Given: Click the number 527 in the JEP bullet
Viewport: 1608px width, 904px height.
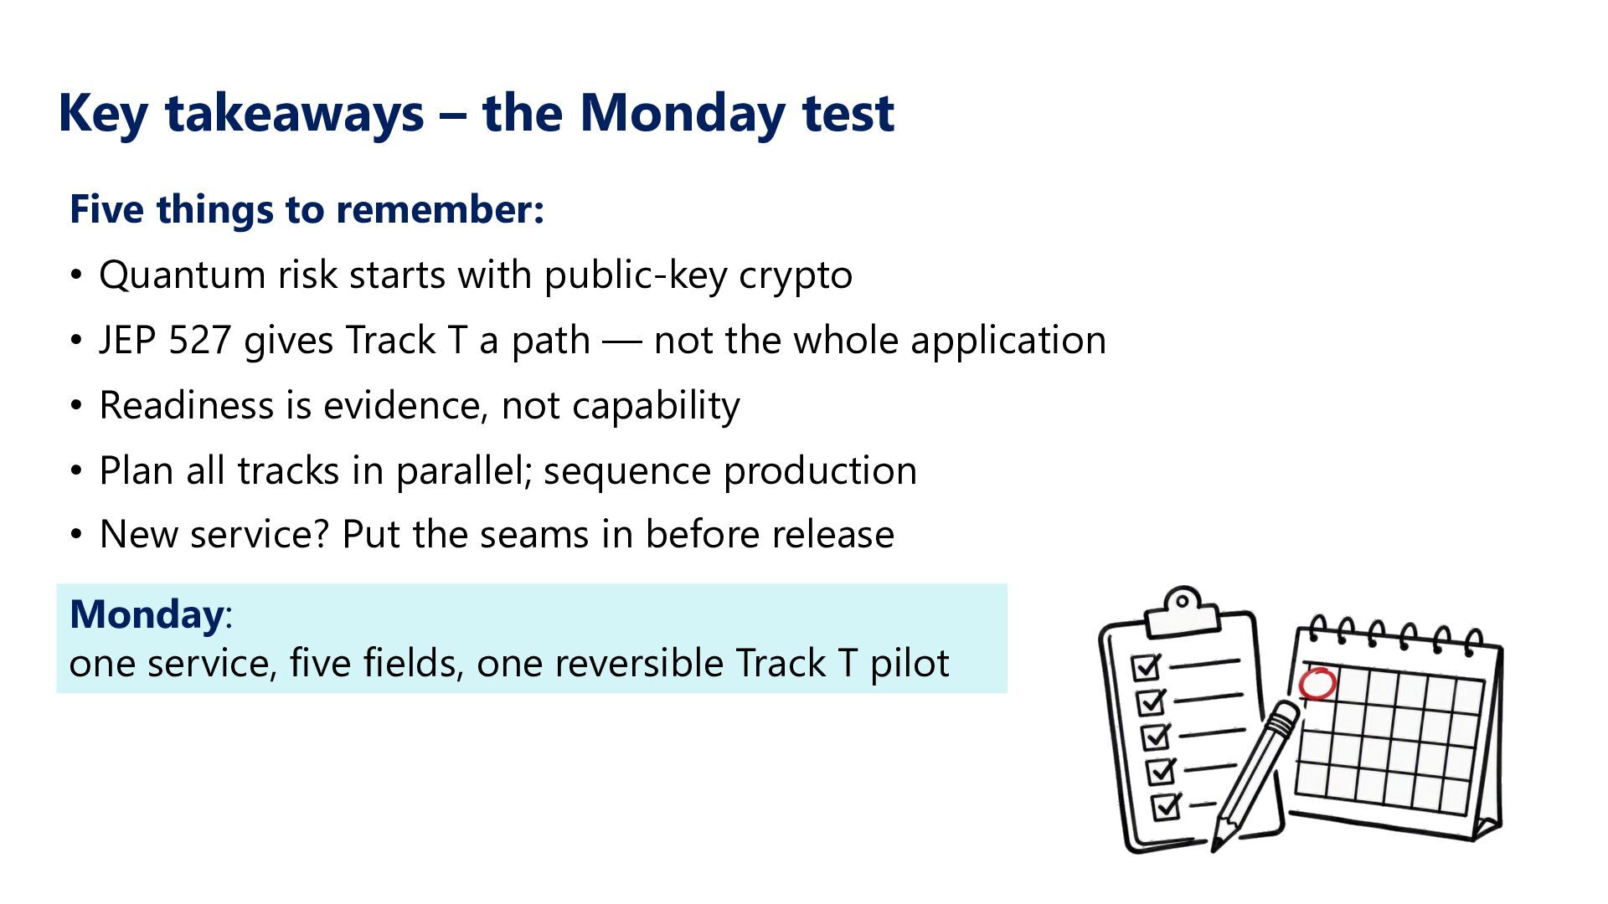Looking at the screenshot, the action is [x=199, y=340].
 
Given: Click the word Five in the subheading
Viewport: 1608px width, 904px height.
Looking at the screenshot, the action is [x=106, y=208].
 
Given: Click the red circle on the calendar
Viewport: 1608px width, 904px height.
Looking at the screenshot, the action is [x=1317, y=684].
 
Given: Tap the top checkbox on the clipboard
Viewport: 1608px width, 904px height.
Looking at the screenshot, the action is [x=1146, y=667].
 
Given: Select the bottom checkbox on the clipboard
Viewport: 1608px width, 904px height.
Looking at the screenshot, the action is [x=1167, y=806].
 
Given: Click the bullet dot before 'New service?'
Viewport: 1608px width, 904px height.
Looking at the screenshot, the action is [x=77, y=535].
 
